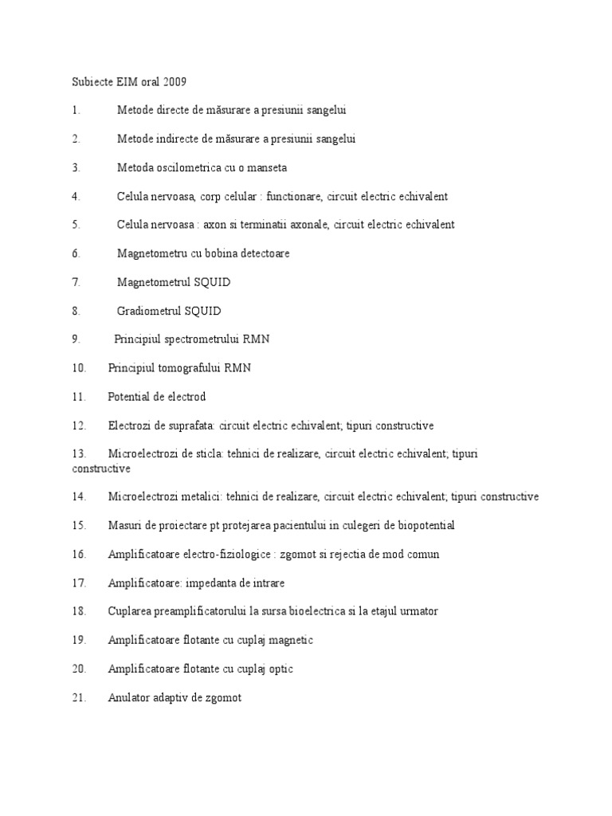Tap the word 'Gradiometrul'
point(149,311)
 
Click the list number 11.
point(78,396)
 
